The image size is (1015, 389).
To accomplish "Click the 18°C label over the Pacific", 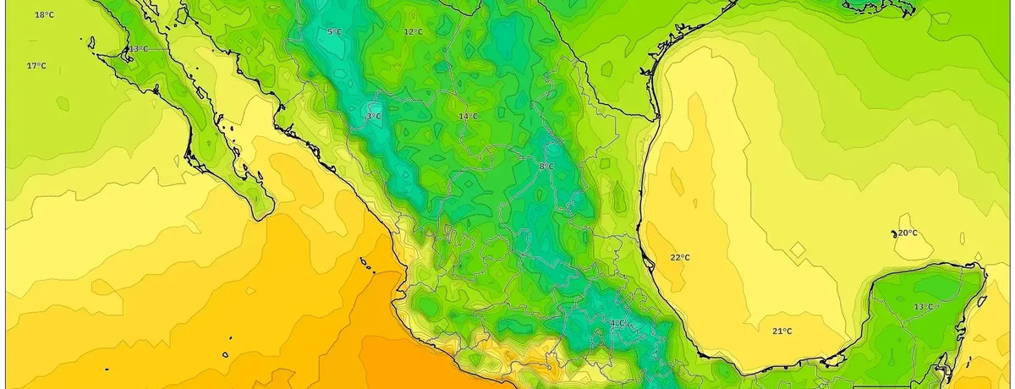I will [x=45, y=15].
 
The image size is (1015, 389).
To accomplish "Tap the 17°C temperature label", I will [x=36, y=66].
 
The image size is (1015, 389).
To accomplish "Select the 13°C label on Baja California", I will [x=138, y=49].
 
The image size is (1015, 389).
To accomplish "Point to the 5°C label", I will [x=334, y=32].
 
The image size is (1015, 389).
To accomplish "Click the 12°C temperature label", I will [x=413, y=32].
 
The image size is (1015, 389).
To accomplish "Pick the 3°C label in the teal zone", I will [x=373, y=116].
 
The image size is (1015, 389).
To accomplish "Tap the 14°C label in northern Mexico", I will [x=468, y=116].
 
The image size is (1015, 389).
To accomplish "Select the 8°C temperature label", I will [x=546, y=167].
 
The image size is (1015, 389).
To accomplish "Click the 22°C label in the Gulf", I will [x=680, y=257].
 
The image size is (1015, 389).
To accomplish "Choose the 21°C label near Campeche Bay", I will [x=782, y=331].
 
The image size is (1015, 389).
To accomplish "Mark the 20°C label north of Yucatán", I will [x=908, y=233].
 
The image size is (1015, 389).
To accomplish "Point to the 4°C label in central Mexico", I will [x=617, y=323].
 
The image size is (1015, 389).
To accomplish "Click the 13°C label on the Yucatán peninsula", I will [x=923, y=306].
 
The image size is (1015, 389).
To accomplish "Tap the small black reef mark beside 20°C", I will [x=893, y=233].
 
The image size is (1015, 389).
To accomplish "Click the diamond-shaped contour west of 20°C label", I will [x=798, y=249].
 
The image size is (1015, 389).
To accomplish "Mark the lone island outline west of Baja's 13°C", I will [x=91, y=39].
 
